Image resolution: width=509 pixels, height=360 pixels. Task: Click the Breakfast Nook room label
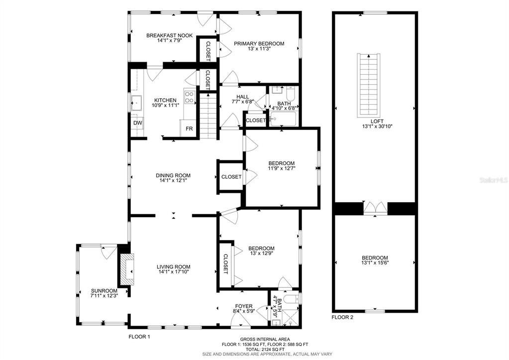tap(170, 35)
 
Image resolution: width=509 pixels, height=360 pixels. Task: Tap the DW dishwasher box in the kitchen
tap(138, 123)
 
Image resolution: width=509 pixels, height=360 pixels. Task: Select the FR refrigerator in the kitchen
tap(189, 128)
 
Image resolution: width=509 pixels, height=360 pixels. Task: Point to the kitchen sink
tap(136, 104)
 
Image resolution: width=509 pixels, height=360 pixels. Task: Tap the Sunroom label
tap(104, 291)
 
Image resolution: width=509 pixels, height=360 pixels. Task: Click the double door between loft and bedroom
tap(375, 208)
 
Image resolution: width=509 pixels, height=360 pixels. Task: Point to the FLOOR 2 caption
tap(342, 318)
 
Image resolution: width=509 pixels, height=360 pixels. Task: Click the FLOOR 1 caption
tap(139, 337)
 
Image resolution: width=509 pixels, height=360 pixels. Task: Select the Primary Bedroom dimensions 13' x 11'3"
tap(259, 48)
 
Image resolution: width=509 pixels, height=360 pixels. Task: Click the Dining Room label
tap(173, 175)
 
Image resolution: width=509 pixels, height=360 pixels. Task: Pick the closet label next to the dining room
tap(231, 177)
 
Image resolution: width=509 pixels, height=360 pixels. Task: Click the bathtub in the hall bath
tap(283, 119)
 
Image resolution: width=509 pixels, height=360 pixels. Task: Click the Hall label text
tap(243, 97)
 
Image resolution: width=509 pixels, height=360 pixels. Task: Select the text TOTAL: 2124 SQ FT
tap(265, 349)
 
